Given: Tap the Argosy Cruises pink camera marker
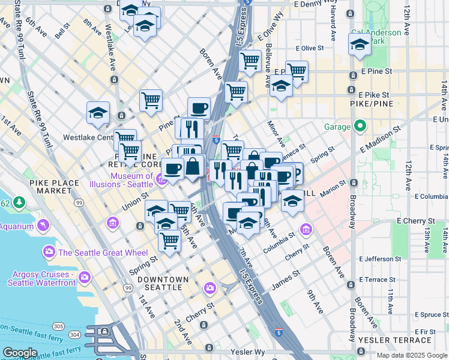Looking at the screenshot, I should coord(85,278).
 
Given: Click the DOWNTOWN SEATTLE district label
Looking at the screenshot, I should coord(159,283).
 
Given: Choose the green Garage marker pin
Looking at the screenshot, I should coord(360,127).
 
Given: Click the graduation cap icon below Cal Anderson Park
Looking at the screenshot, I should coord(360,44).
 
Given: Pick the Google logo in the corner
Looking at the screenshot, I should coord(20,352).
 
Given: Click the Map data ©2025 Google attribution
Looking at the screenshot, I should coord(412,355).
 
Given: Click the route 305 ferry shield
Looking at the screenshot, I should coord(58,326).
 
